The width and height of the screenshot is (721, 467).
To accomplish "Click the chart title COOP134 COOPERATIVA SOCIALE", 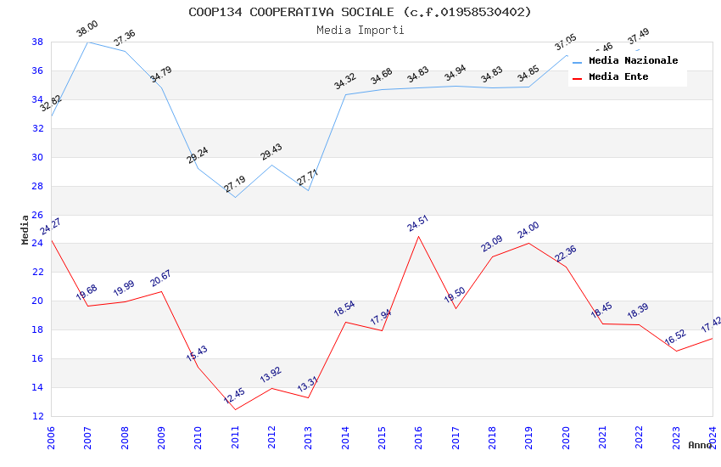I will tap(360, 12).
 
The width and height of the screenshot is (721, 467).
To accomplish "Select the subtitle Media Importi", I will tap(360, 30).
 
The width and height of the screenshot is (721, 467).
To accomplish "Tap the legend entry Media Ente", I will tap(618, 76).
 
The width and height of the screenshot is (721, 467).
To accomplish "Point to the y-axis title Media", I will tap(25, 229).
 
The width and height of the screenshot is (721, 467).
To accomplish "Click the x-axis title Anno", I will tap(700, 445).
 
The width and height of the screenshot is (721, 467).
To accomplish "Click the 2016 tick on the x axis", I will tap(419, 436).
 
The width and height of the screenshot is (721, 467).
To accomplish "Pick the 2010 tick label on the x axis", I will tap(198, 436).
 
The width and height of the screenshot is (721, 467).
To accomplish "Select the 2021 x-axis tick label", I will tap(602, 436).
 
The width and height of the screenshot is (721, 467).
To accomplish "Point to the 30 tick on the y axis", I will tap(37, 157).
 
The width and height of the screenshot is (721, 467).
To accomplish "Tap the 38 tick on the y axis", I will tap(37, 42).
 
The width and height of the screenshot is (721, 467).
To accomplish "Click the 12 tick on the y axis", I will tap(37, 416).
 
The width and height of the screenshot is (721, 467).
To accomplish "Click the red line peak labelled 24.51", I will tap(419, 236).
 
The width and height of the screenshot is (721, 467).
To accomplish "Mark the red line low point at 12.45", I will tap(235, 409).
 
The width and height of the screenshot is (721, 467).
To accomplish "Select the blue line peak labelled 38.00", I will tap(88, 42).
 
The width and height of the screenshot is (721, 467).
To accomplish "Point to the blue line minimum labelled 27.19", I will tap(235, 197).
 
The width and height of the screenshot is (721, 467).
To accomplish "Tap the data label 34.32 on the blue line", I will tap(345, 82).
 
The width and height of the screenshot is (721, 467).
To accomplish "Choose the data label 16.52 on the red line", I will tap(675, 338).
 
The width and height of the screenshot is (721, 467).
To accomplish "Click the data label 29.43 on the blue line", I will tap(271, 152).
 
